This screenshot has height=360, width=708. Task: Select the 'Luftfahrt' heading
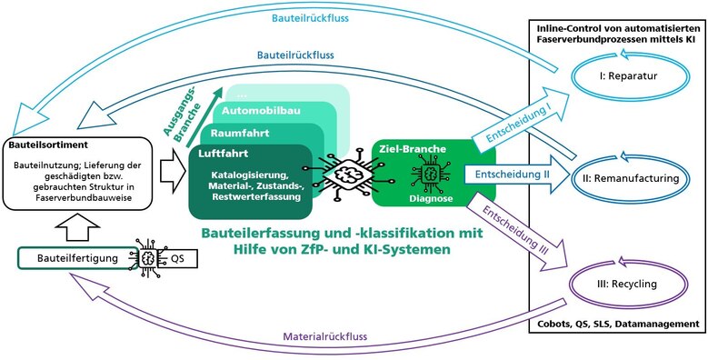coord(224,154)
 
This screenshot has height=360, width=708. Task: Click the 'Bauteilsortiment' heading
coord(50,145)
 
